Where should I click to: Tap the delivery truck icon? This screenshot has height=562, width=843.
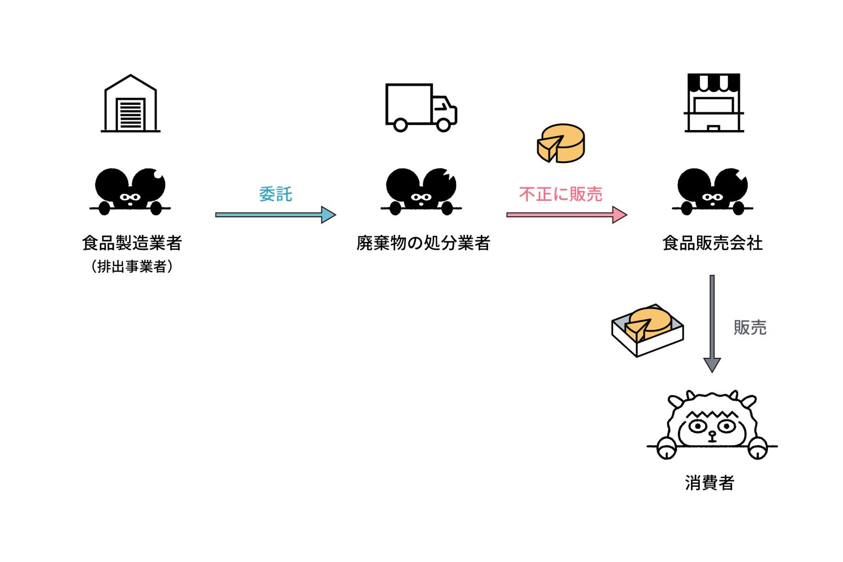pos(421,108)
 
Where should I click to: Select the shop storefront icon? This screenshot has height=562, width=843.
pos(713,103)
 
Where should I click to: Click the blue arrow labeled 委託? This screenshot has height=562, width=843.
pos(275,215)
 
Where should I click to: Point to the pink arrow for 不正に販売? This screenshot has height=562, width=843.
pos(566,215)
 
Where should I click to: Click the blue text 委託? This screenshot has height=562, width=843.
pos(276,194)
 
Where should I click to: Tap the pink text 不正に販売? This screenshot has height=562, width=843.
pos(560,194)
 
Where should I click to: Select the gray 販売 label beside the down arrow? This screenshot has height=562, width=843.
pos(750,328)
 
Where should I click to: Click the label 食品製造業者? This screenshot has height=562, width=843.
pos(132,243)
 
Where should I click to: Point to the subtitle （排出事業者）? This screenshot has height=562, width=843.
pos(132,267)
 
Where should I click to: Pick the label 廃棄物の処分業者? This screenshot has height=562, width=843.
pos(423,243)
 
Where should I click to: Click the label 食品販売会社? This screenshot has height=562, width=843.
pos(712,243)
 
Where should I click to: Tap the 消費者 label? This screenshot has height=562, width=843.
pos(709,483)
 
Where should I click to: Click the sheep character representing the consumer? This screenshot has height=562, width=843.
pos(712,425)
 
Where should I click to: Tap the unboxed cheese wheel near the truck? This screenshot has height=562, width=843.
pos(561,143)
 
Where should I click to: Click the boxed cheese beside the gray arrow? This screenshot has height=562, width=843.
pos(648,329)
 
